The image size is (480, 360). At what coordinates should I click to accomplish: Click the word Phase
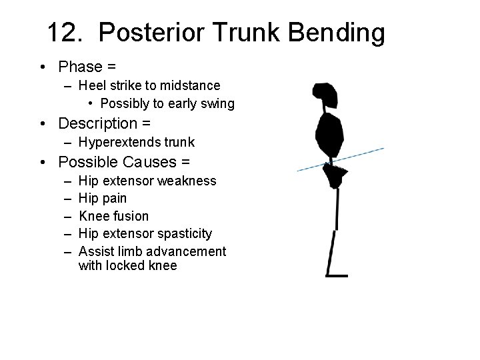[x=79, y=67]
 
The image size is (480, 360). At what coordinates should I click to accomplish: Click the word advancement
[x=186, y=251]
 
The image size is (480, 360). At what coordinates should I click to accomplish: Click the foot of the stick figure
[x=337, y=275]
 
